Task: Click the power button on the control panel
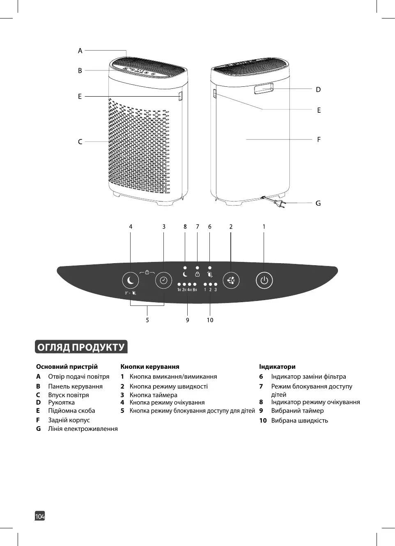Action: pyautogui.click(x=264, y=281)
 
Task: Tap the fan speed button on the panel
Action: pyautogui.click(x=231, y=281)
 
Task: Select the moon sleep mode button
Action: pyautogui.click(x=131, y=281)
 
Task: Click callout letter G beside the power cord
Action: pyautogui.click(x=318, y=203)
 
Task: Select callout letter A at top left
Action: pyautogui.click(x=80, y=51)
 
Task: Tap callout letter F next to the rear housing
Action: pyautogui.click(x=319, y=139)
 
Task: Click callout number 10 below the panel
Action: pyautogui.click(x=210, y=320)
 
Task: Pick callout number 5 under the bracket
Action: pyautogui.click(x=147, y=320)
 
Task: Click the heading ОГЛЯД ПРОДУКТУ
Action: pyautogui.click(x=81, y=347)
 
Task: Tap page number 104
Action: pyautogui.click(x=40, y=516)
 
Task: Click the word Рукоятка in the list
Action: pyautogui.click(x=61, y=403)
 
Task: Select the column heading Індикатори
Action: pyautogui.click(x=277, y=367)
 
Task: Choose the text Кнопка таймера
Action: pyautogui.click(x=154, y=395)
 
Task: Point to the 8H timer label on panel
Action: pyautogui.click(x=195, y=290)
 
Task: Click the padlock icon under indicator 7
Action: pyautogui.click(x=197, y=274)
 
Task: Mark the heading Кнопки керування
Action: pyautogui.click(x=150, y=367)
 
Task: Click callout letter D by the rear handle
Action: pyautogui.click(x=318, y=89)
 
